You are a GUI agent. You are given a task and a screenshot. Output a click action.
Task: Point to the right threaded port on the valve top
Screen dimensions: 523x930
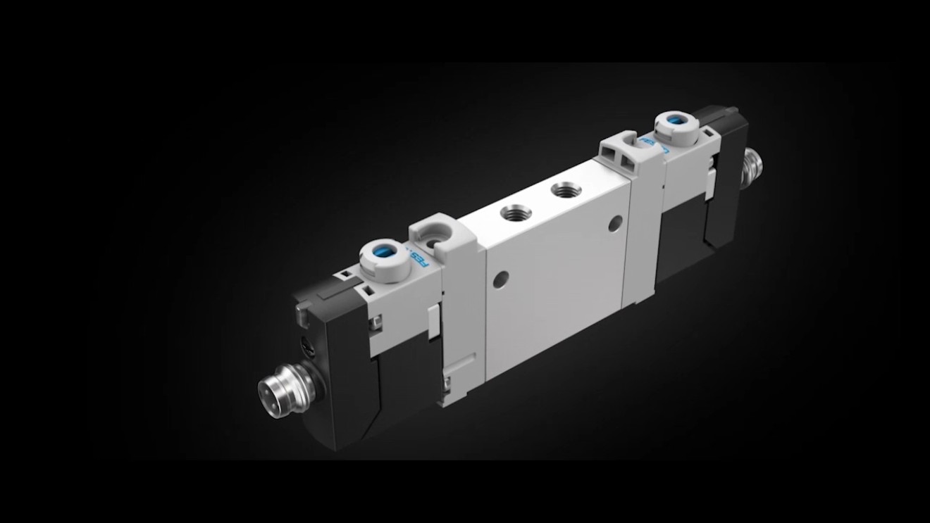tap(562, 190)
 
